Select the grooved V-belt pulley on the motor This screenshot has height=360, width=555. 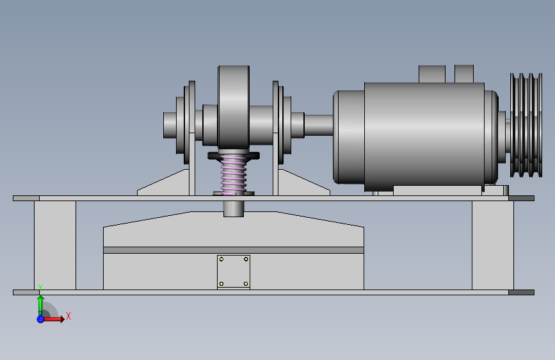pyautogui.click(x=526, y=125)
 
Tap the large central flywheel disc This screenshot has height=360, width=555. pyautogui.click(x=234, y=107)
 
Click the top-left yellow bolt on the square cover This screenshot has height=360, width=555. pyautogui.click(x=221, y=259)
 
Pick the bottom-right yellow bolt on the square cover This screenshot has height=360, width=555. pyautogui.click(x=246, y=284)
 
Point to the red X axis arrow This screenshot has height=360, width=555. pyautogui.click(x=53, y=319)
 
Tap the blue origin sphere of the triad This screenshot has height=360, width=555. pyautogui.click(x=40, y=319)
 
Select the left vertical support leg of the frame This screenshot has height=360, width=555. pyautogui.click(x=55, y=245)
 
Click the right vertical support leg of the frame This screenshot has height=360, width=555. pyautogui.click(x=493, y=245)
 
